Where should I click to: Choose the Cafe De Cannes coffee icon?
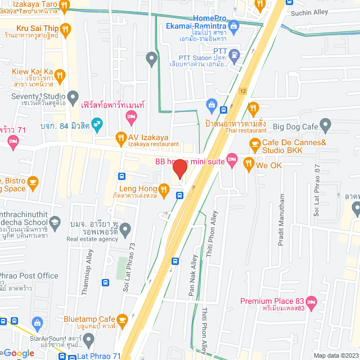coord(255,143)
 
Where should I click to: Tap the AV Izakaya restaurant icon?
coord(120,137)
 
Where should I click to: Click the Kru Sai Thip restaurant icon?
coord(66,28)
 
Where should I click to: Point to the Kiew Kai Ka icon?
coord(60,74)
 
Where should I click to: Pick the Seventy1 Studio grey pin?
coord(72,97)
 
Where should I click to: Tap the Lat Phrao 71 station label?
coord(100,355)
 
